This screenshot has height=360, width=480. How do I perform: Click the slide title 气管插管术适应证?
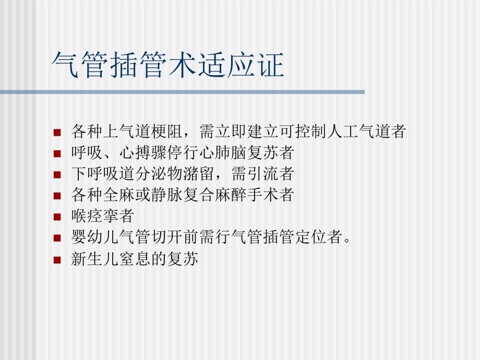(x=169, y=66)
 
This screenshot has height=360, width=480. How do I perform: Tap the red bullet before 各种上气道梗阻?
(x=57, y=133)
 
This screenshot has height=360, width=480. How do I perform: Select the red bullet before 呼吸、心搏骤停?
(x=57, y=154)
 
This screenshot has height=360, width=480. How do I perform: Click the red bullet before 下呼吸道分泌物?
(x=57, y=175)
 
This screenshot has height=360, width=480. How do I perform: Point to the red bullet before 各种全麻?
(x=57, y=196)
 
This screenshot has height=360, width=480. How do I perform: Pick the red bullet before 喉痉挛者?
(x=57, y=218)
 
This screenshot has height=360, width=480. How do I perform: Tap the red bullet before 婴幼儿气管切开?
(x=57, y=238)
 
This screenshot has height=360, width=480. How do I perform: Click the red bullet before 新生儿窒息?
(x=57, y=260)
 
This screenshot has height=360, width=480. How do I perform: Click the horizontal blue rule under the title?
(x=182, y=92)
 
